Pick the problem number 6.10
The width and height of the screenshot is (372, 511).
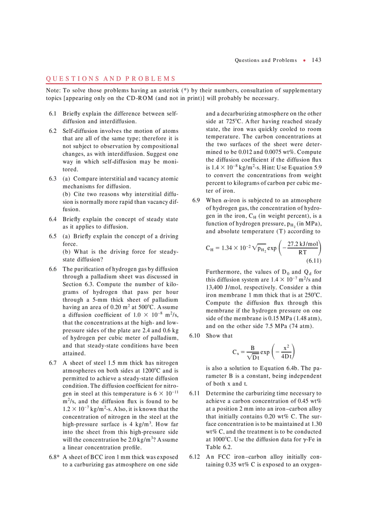(x=194, y=336)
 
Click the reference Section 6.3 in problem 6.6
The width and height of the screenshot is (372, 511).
(x=77, y=284)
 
